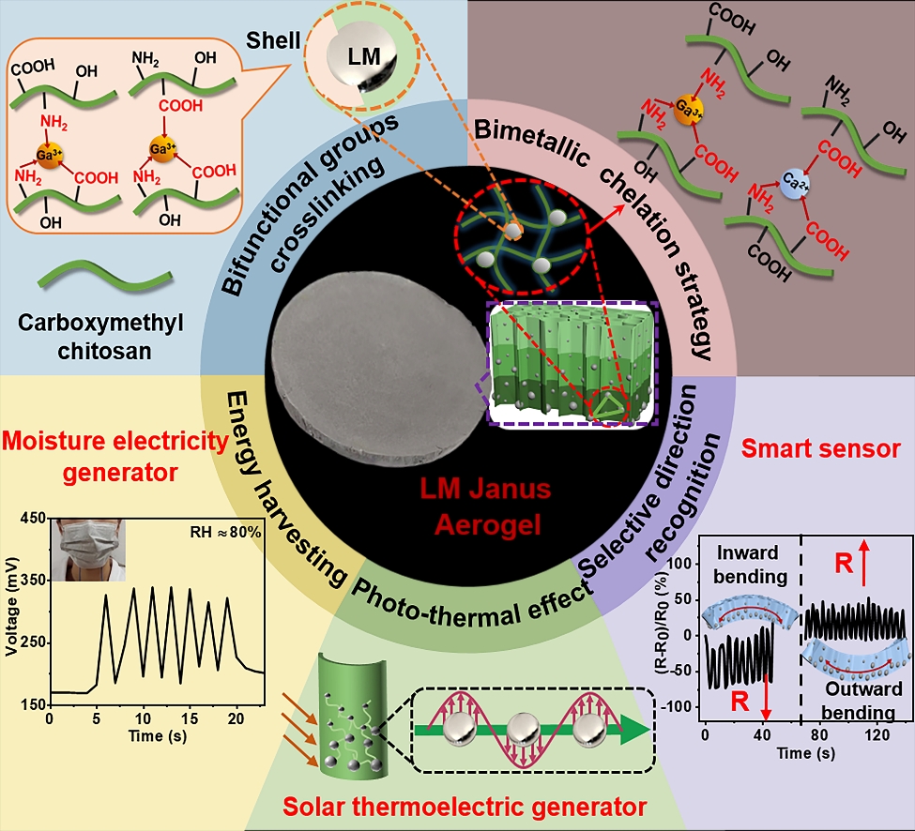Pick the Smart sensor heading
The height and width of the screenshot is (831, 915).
tap(821, 449)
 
